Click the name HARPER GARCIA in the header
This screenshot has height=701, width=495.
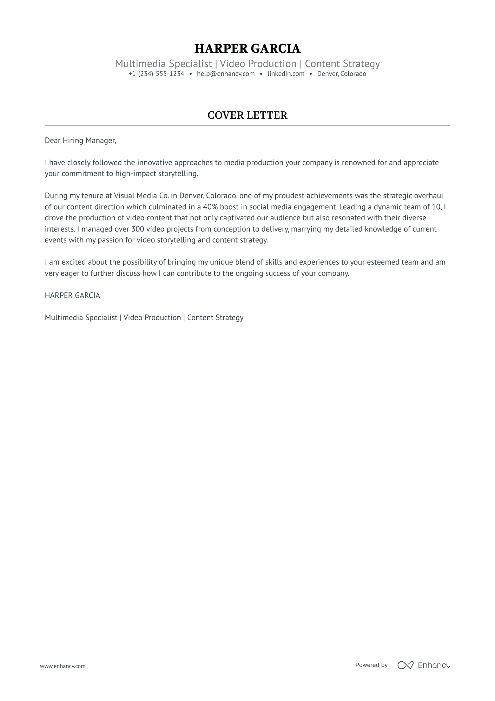(247, 48)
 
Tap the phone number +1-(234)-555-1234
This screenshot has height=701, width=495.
(156, 74)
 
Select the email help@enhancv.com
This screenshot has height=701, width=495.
(226, 74)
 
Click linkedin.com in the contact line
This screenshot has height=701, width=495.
(286, 74)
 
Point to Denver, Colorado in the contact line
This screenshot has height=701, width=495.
(342, 74)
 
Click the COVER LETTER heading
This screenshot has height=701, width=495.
(247, 115)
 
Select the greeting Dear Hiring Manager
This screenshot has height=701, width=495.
(80, 141)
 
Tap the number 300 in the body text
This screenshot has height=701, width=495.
(138, 229)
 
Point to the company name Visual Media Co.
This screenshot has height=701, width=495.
(141, 196)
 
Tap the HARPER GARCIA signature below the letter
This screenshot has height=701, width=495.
(72, 296)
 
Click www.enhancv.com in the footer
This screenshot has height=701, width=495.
(62, 666)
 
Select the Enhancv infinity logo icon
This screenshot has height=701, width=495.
(405, 665)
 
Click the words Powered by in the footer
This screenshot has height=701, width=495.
(371, 665)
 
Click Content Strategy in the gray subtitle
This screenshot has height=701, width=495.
(342, 64)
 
